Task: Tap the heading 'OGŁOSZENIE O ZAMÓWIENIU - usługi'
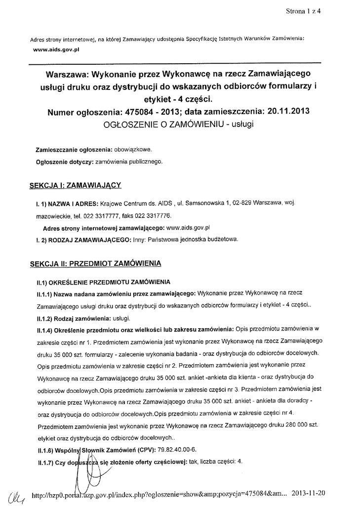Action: [179, 125]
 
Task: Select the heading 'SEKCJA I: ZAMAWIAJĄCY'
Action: [75, 185]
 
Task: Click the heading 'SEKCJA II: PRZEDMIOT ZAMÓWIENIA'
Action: [95, 263]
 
